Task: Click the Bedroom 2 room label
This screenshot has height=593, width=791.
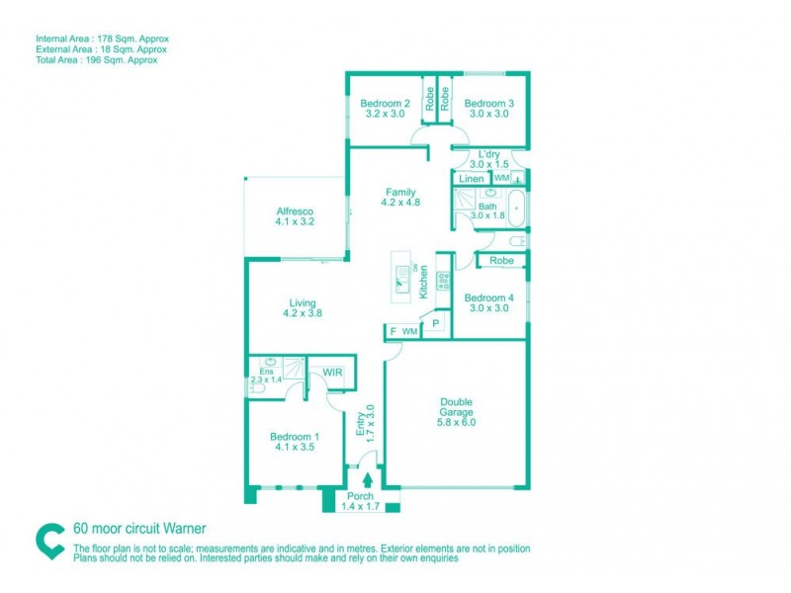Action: pos(385,109)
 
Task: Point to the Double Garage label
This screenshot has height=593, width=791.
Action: pos(457,411)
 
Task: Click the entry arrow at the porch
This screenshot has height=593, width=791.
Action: pos(368,481)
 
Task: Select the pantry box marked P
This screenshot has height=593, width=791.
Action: pos(435,324)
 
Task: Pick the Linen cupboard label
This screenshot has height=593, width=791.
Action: pos(472,179)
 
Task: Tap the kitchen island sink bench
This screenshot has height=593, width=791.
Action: pos(402,277)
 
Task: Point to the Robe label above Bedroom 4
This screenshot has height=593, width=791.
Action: pos(500,261)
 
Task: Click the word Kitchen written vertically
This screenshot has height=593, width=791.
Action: pos(423,284)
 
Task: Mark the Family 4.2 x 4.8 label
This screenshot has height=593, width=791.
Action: pos(400,198)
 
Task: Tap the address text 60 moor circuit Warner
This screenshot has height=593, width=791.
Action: pos(139,529)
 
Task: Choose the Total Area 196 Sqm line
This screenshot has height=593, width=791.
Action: pos(97,59)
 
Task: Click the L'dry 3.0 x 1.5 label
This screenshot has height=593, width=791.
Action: pos(488,159)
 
